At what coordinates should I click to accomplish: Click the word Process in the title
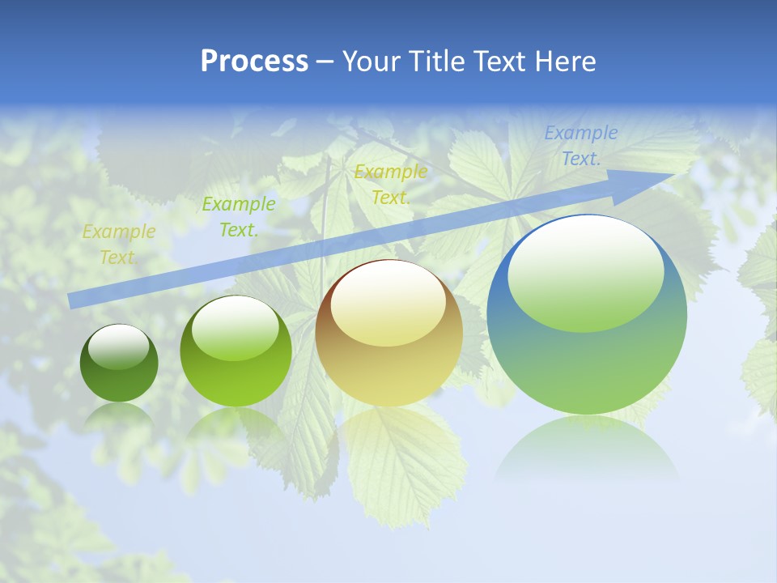(254, 62)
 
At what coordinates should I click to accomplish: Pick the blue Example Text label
(580, 146)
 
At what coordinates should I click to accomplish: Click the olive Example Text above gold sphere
(391, 184)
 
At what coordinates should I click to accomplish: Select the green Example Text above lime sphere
(239, 217)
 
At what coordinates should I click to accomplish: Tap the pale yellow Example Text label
(118, 245)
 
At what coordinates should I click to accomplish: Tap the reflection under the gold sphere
(388, 429)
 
